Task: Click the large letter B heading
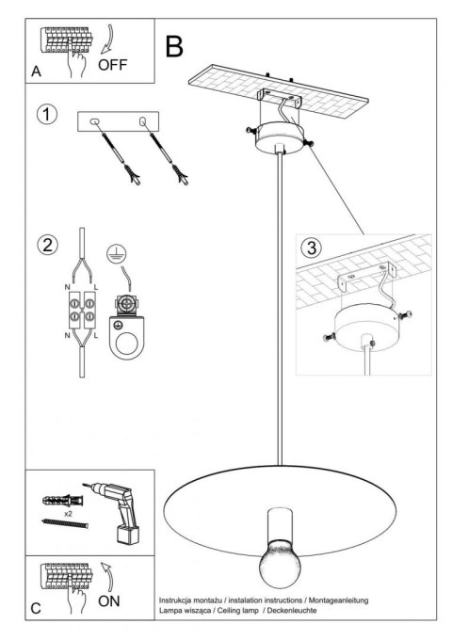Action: click(174, 47)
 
